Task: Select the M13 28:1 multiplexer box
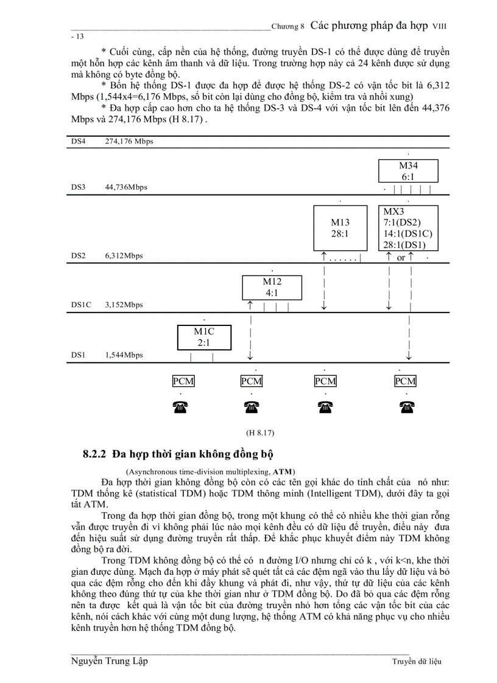[340, 228]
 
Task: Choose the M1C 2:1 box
[204, 338]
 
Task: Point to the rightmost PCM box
[405, 381]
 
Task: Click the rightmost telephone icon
[405, 408]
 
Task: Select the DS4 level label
[78, 142]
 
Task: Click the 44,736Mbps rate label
[126, 187]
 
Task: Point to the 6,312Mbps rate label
[124, 256]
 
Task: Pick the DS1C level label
[81, 305]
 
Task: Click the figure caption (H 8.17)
[260, 433]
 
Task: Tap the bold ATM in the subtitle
[282, 471]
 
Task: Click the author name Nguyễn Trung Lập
[109, 661]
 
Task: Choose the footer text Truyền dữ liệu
[417, 662]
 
